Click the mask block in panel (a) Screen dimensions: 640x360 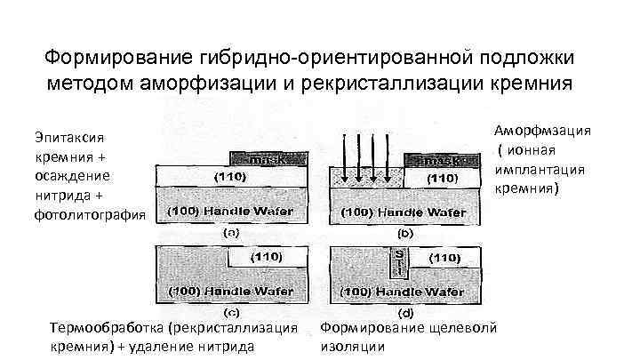point(263,159)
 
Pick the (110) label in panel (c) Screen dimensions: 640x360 point(265,256)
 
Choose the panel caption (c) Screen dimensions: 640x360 point(229,312)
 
